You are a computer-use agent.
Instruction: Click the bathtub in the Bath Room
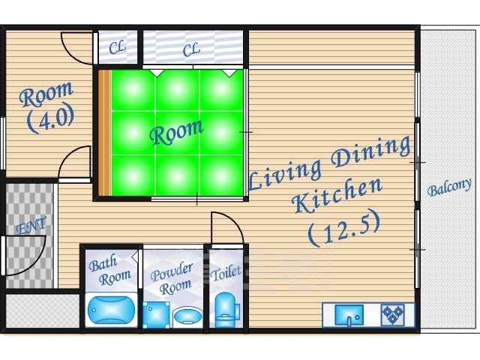pos(111,310)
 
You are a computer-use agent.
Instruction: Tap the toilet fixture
pos(227,310)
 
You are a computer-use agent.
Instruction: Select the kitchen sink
pos(349,315)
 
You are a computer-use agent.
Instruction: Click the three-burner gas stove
pos(393,315)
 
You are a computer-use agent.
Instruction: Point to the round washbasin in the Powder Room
pos(187,317)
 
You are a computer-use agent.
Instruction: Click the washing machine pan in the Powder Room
pos(156,315)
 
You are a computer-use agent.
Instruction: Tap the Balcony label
pos(449,187)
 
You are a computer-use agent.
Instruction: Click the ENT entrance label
pos(31,225)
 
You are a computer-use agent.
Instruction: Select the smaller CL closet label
pos(117,47)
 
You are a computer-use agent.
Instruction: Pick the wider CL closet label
pos(191,49)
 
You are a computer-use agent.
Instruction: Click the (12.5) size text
pos(344,227)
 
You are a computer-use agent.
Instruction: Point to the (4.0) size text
pos(50,118)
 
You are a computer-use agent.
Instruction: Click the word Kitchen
pos(337,194)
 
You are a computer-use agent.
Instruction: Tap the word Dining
pos(371,152)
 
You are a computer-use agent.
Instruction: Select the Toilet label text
pos(226,273)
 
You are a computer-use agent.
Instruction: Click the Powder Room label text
pos(172,279)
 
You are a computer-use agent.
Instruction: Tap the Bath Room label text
pos(110,270)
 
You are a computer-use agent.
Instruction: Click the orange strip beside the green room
pos(104,133)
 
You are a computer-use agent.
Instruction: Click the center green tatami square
pos(177,133)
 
